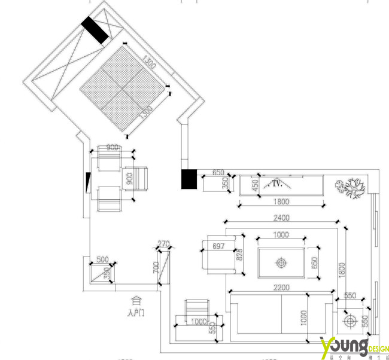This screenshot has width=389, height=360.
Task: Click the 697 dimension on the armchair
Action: (x=218, y=246)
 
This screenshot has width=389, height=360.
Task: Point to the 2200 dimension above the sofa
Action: (x=281, y=288)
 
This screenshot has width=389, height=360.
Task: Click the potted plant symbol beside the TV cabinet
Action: (x=351, y=187)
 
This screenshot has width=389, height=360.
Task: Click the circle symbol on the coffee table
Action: (x=280, y=262)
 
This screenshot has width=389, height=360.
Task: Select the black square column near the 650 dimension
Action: (x=189, y=179)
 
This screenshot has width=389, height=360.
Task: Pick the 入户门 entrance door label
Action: (x=136, y=312)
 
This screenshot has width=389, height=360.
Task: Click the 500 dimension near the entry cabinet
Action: (x=102, y=260)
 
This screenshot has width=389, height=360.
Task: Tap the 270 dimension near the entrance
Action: (x=163, y=244)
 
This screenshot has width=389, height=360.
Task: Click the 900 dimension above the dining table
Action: (x=112, y=147)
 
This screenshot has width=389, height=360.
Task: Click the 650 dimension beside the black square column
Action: (x=218, y=173)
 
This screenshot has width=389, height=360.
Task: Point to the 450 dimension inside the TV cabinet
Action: (x=255, y=185)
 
